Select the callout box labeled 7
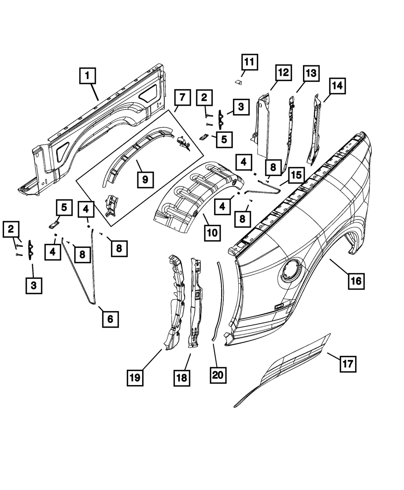click(182, 97)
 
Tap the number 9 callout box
click(145, 178)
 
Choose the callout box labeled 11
click(249, 63)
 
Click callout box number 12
click(283, 73)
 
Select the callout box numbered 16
click(356, 281)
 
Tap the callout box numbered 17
click(347, 364)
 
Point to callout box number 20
click(218, 375)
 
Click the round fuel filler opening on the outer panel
click(289, 272)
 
